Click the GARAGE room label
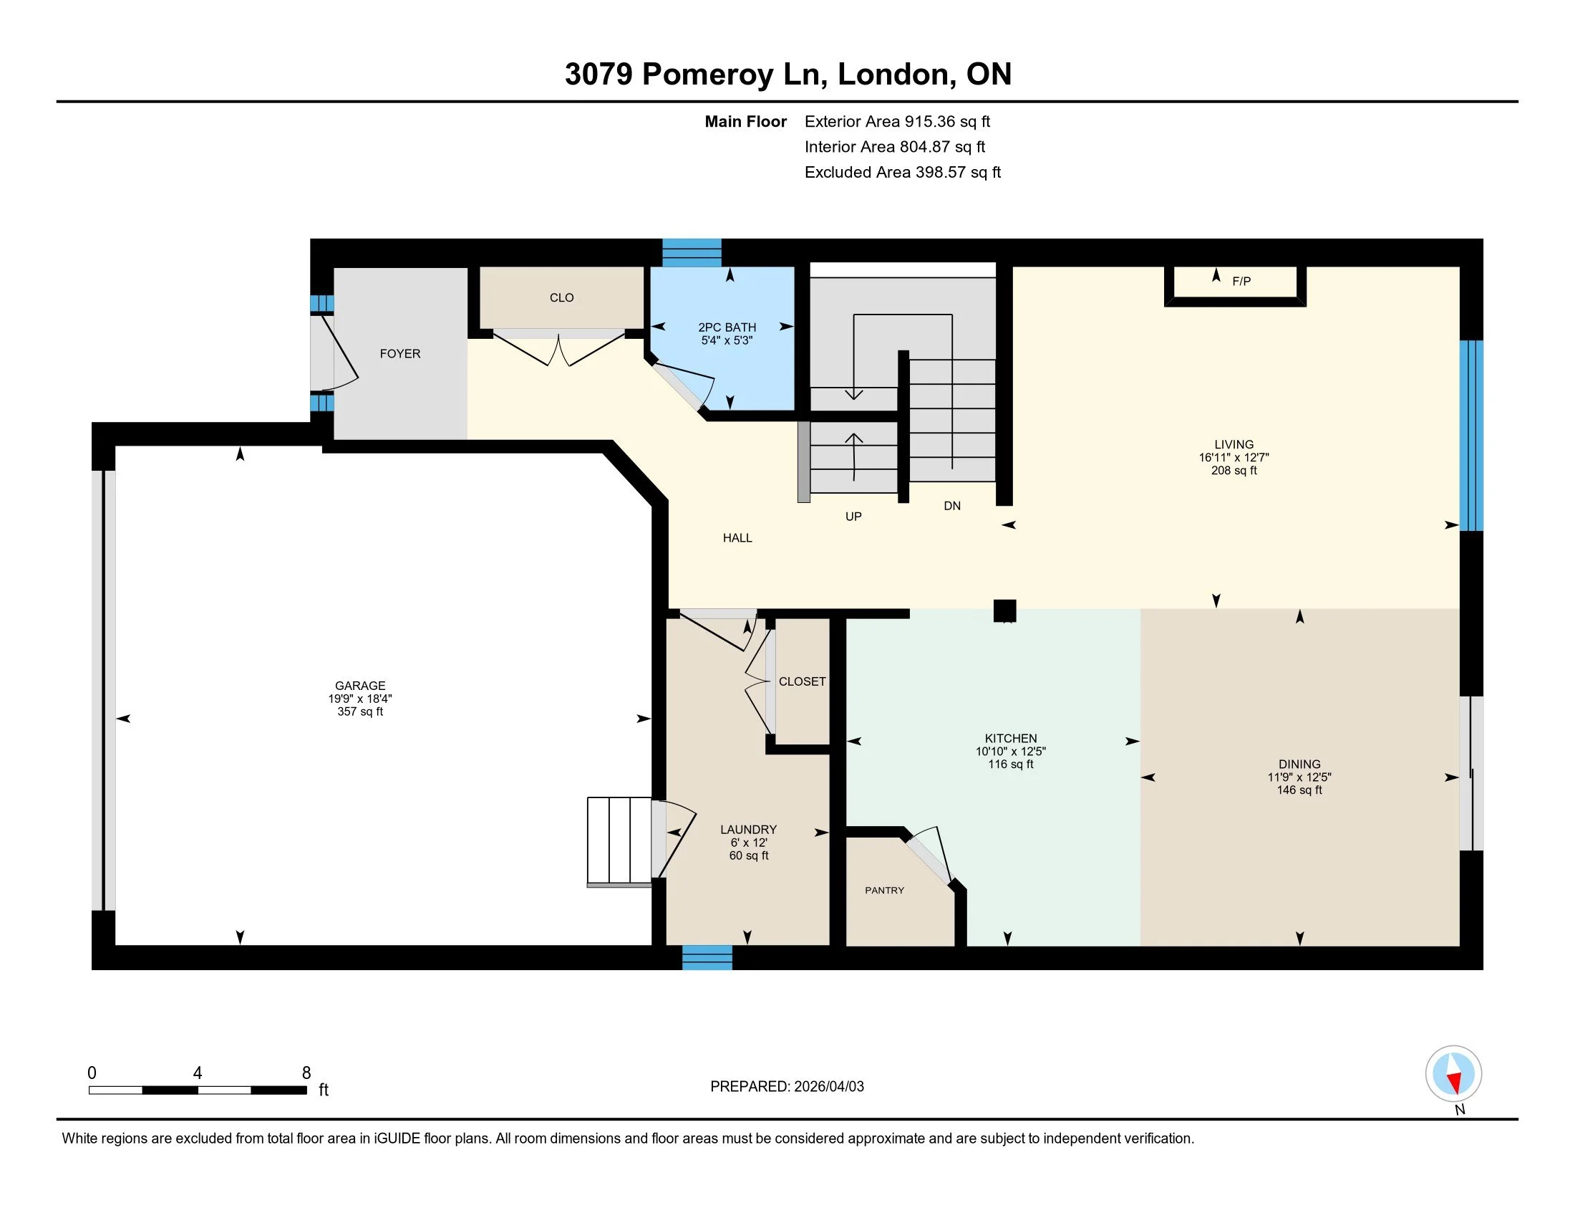(360, 686)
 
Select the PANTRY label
(884, 891)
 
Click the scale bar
(198, 1090)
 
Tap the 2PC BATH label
(727, 327)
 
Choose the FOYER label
(400, 353)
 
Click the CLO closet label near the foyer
(562, 297)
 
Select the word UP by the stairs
(853, 517)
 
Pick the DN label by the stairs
(952, 506)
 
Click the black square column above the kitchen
(1004, 610)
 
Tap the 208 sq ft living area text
(1234, 471)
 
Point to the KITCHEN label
(1010, 738)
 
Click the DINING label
(1299, 764)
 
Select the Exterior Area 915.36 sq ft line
(897, 121)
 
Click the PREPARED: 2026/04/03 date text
(787, 1087)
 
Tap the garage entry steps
(619, 841)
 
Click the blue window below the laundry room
(707, 958)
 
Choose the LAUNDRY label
(749, 830)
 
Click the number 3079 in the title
(598, 75)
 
